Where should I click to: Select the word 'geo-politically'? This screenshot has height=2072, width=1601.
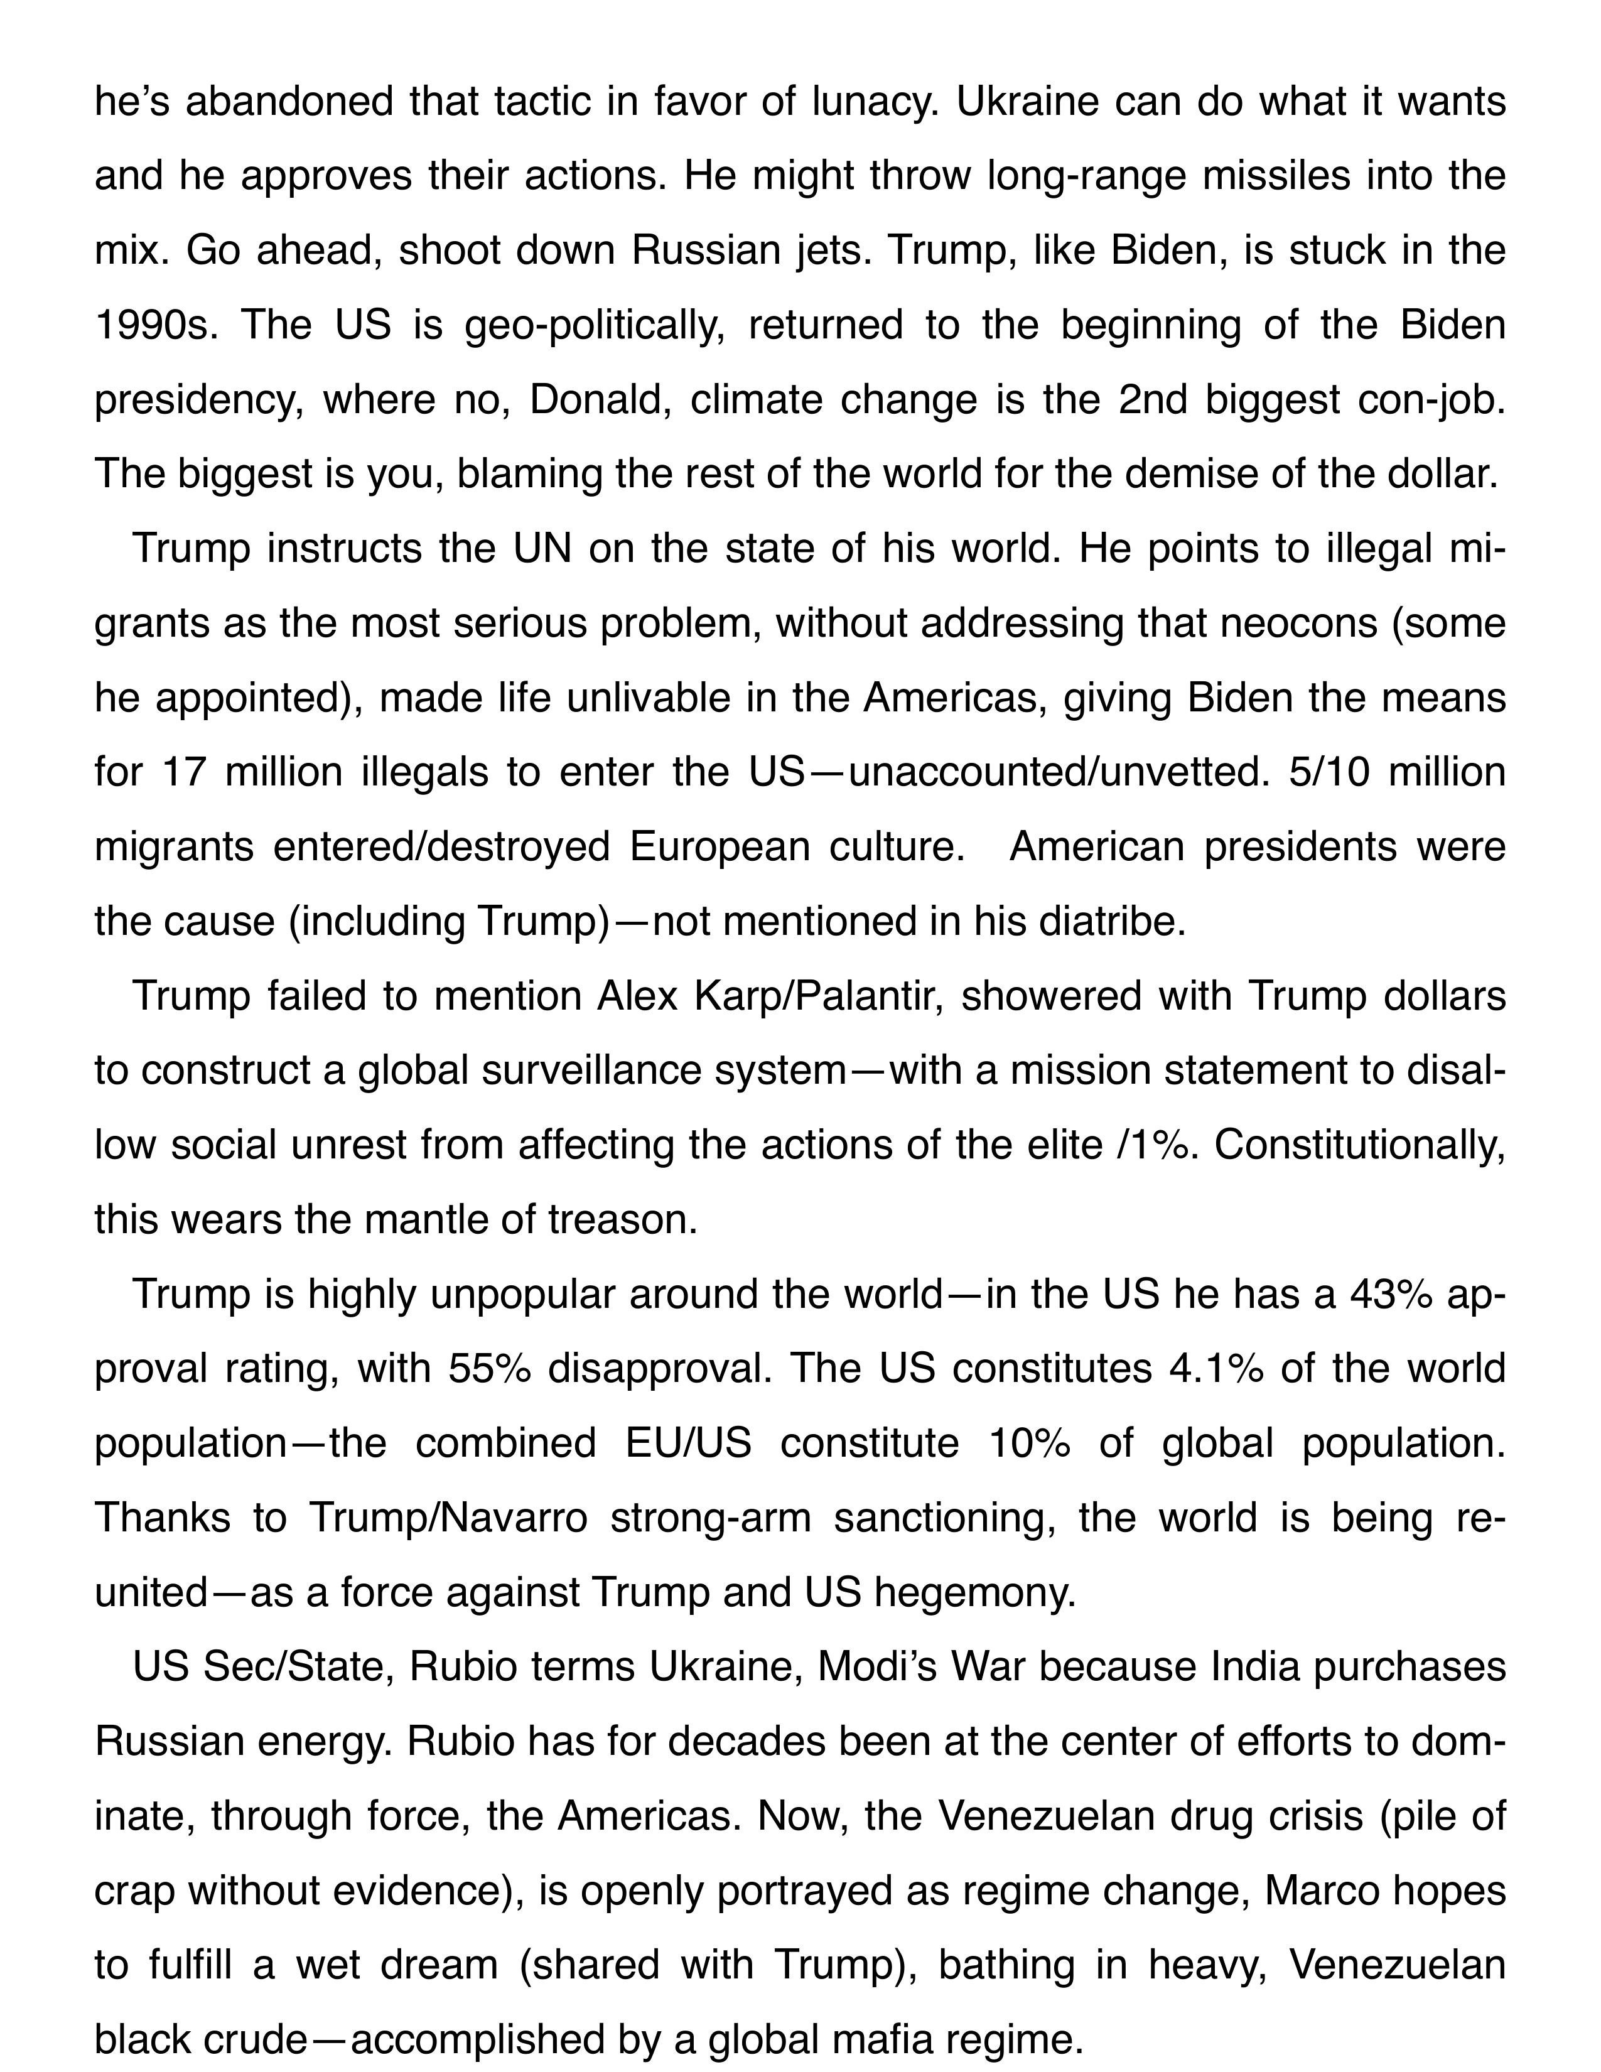594,325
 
